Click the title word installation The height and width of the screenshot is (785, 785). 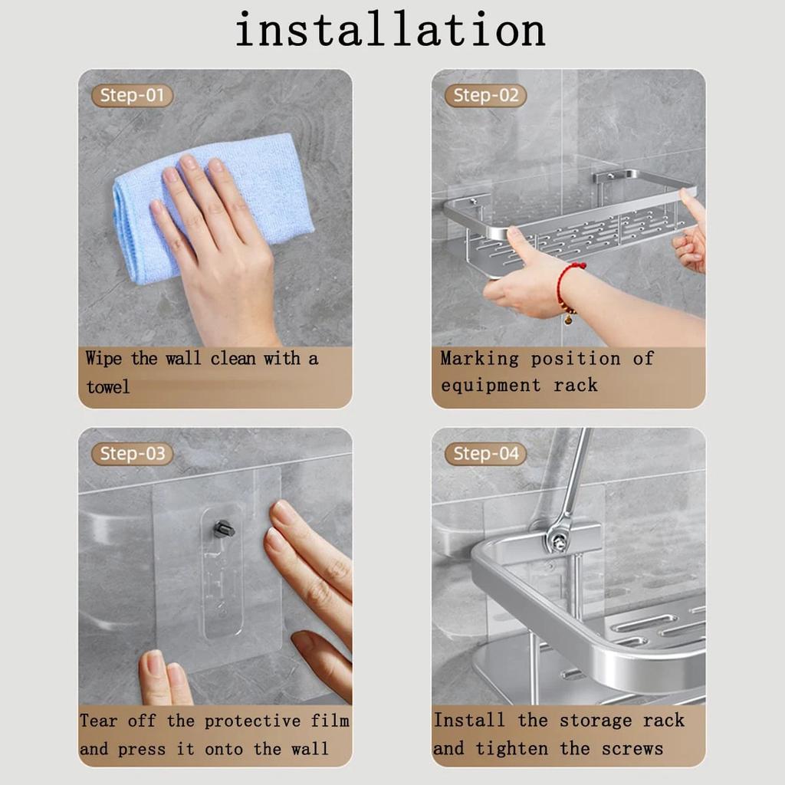[390, 31]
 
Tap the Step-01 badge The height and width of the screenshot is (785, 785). [133, 96]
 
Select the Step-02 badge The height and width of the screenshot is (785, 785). [486, 96]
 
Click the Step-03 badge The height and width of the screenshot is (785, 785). [133, 454]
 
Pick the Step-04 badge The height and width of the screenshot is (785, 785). [486, 454]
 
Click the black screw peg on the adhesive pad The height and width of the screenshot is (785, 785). [223, 529]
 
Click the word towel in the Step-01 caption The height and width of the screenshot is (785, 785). [107, 387]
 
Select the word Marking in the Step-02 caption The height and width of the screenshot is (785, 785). [479, 359]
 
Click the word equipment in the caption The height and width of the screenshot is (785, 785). [491, 386]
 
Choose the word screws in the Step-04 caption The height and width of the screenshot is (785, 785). [632, 748]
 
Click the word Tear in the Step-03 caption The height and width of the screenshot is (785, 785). [99, 721]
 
